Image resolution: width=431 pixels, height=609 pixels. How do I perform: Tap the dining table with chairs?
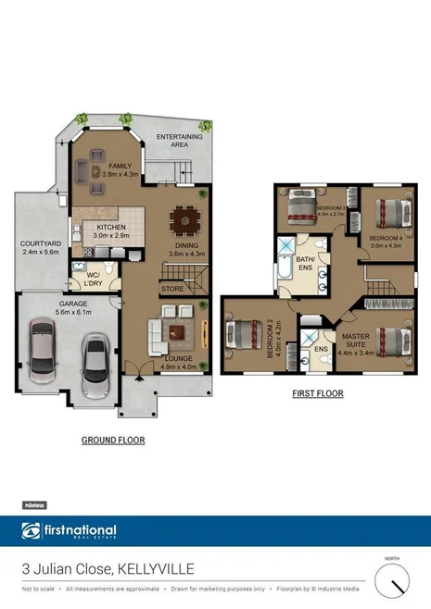click(184, 221)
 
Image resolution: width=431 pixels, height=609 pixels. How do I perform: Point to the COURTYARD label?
click(39, 243)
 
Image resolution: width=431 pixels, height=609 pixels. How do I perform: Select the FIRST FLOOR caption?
click(317, 393)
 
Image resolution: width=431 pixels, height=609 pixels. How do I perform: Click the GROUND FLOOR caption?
click(113, 440)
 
